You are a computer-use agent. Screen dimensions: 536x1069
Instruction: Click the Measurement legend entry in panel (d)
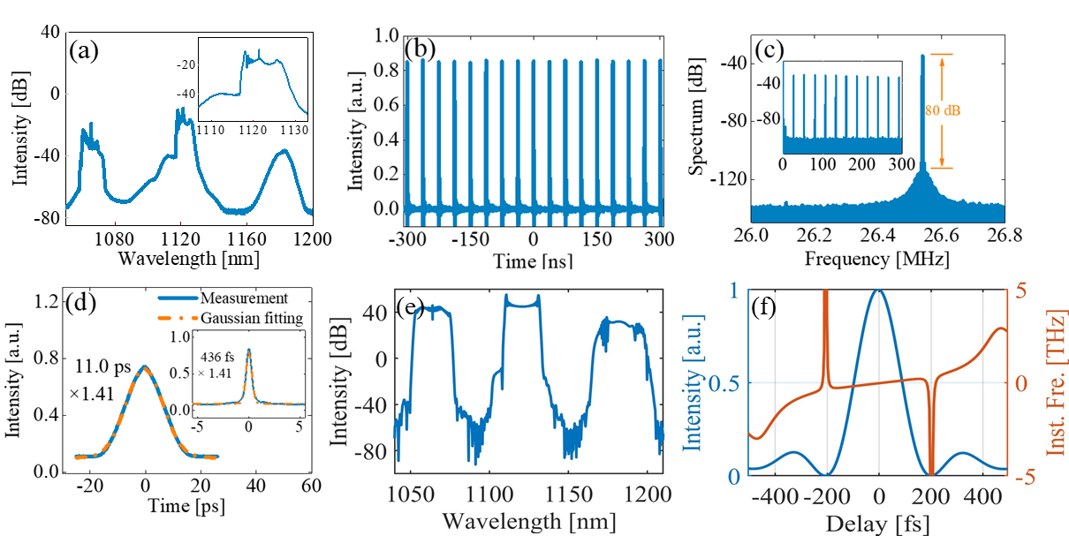coord(244,298)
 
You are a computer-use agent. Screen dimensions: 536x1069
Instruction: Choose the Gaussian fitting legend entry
coord(253,318)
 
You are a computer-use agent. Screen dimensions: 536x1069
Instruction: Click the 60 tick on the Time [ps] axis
coord(306,485)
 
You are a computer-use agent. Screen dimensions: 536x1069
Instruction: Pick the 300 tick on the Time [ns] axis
coord(660,238)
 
